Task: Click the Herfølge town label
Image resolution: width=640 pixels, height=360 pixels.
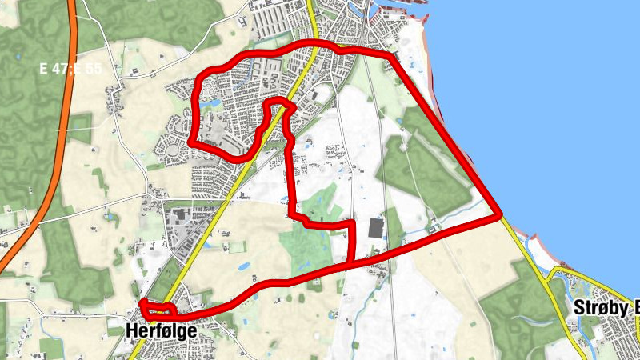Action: pyautogui.click(x=160, y=329)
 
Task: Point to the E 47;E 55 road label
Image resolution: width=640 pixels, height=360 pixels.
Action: pyautogui.click(x=71, y=69)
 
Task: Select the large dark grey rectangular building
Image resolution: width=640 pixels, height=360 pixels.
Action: pyautogui.click(x=375, y=228)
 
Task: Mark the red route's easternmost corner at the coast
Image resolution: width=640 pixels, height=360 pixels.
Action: pyautogui.click(x=500, y=216)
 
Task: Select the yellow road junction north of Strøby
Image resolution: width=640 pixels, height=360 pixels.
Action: pyautogui.click(x=552, y=276)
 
